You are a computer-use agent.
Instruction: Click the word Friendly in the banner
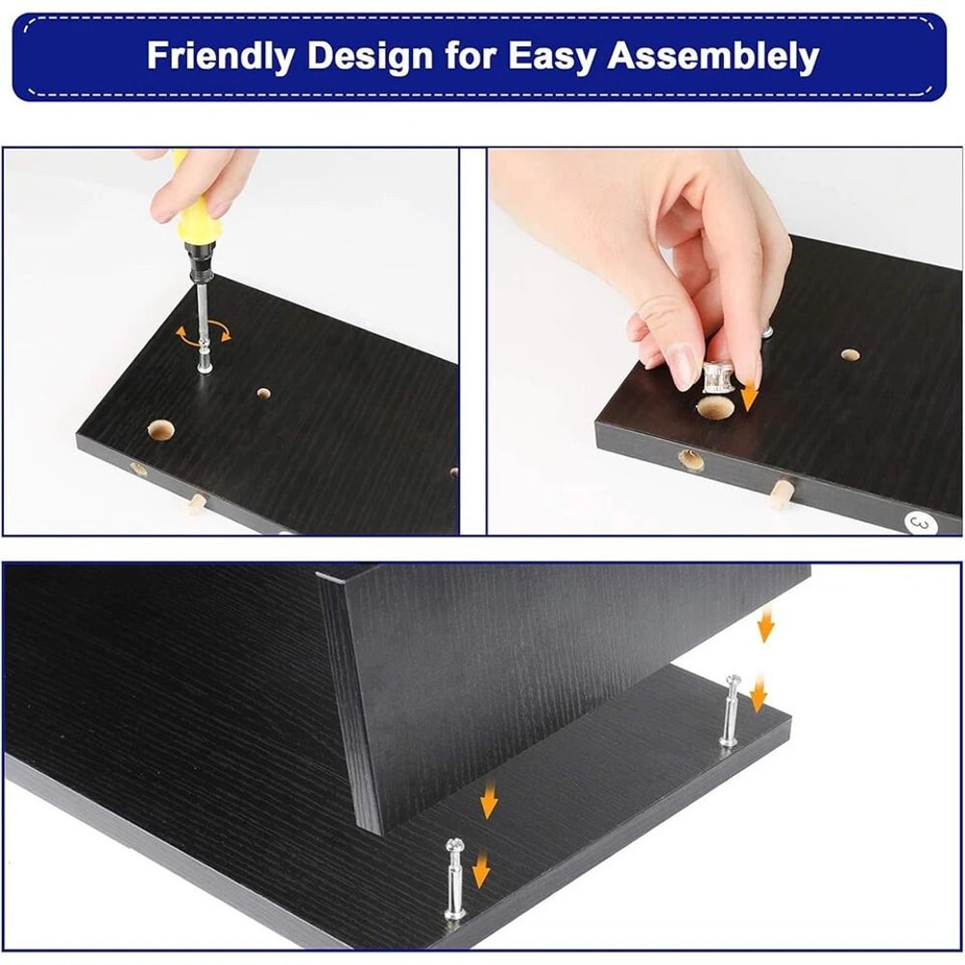pyautogui.click(x=219, y=56)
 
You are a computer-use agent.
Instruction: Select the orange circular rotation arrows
pyautogui.click(x=204, y=334)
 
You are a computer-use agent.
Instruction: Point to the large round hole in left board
pyautogui.click(x=159, y=429)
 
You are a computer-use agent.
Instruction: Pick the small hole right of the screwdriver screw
pyautogui.click(x=263, y=396)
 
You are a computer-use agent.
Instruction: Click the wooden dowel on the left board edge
pyautogui.click(x=198, y=503)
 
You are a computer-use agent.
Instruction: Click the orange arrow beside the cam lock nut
pyautogui.click(x=750, y=394)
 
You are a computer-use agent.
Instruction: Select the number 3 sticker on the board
pyautogui.click(x=919, y=521)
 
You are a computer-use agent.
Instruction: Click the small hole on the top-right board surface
pyautogui.click(x=850, y=355)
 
